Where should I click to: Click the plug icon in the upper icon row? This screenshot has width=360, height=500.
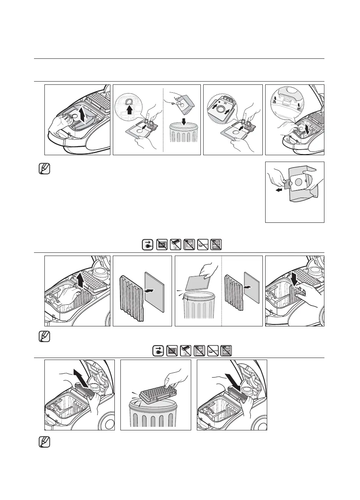[148, 245]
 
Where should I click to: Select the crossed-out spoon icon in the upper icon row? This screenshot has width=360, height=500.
[202, 245]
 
